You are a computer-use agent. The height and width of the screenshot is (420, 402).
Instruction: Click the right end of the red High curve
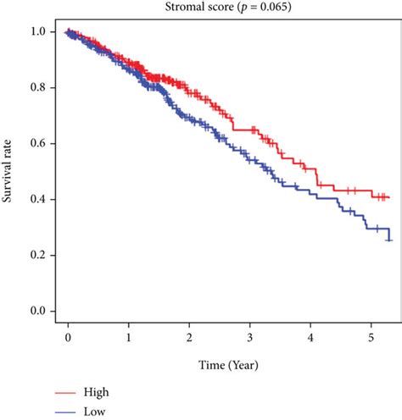click(x=388, y=197)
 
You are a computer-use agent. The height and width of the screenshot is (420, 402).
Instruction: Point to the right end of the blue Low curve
click(x=389, y=240)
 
